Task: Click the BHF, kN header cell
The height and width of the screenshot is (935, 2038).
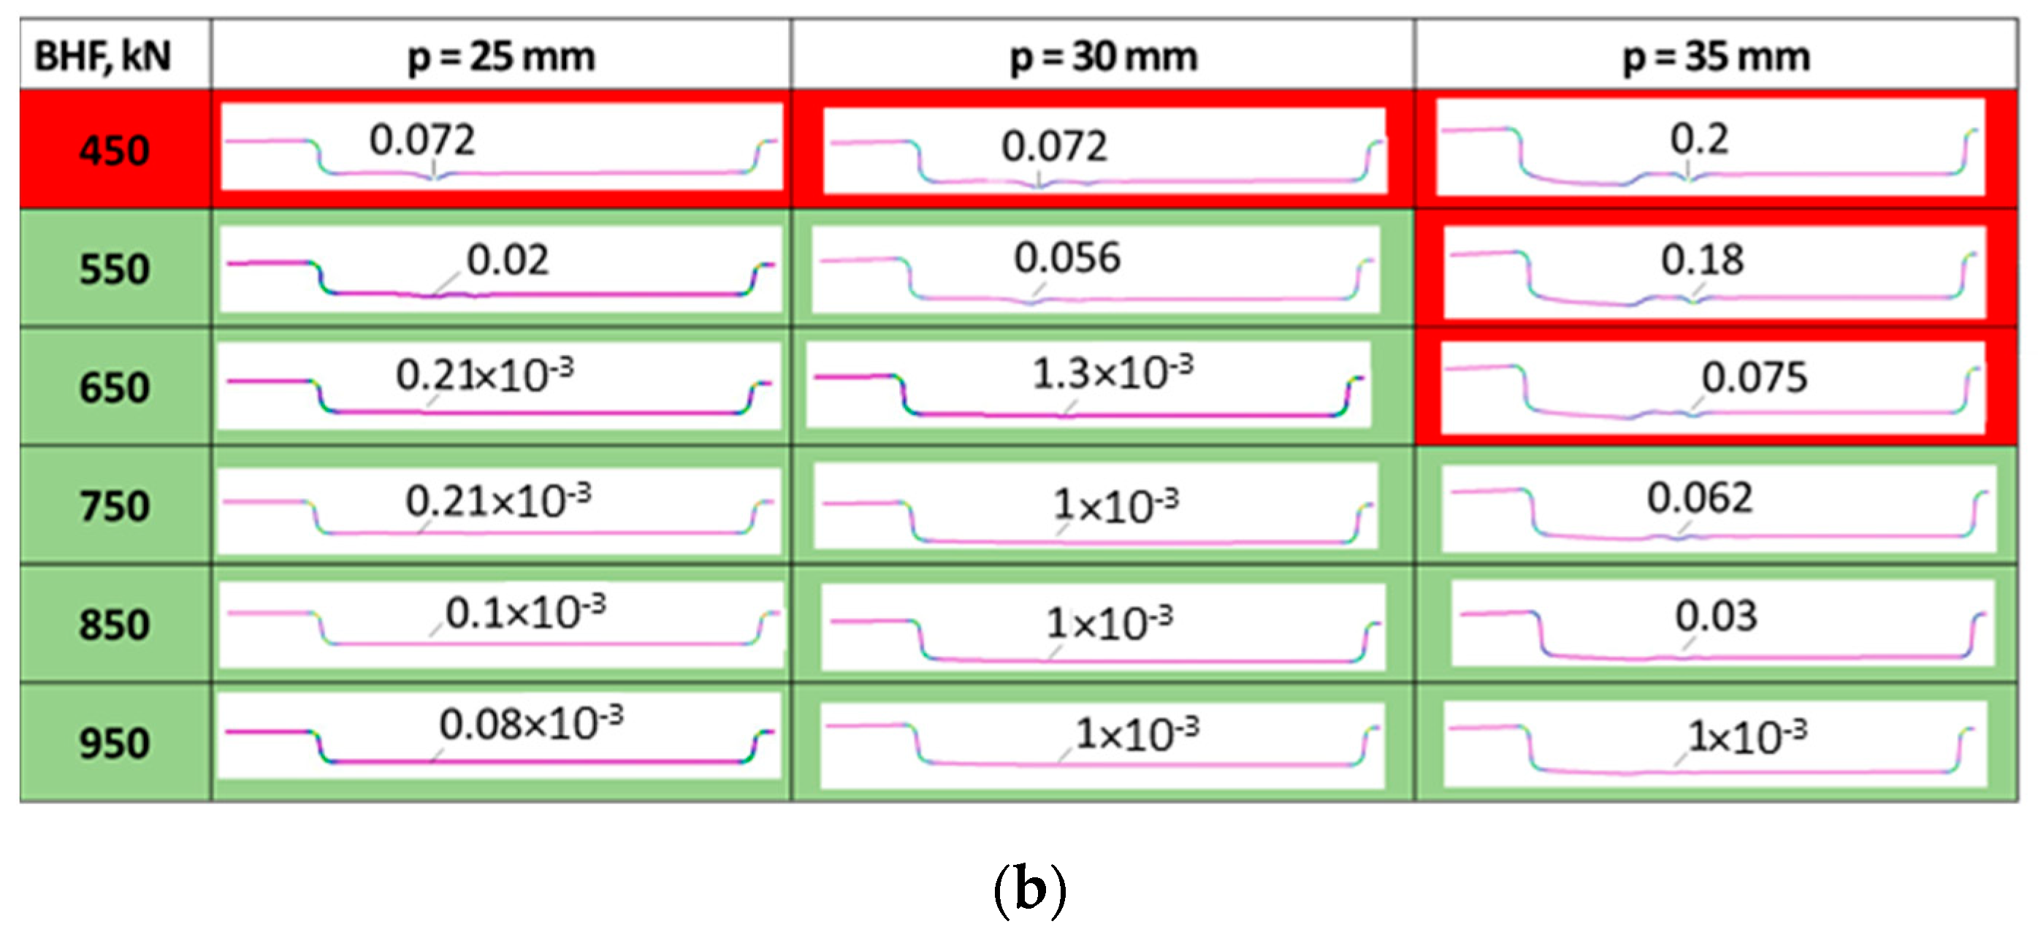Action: (103, 56)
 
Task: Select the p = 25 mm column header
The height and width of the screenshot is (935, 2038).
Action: (501, 56)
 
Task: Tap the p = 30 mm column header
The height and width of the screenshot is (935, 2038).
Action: (1104, 56)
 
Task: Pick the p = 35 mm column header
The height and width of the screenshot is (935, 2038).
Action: (1716, 56)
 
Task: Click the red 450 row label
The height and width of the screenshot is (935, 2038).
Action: (115, 150)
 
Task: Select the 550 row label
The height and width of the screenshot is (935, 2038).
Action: (115, 268)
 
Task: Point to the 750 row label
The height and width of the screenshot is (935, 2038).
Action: (115, 505)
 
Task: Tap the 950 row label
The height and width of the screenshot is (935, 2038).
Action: (115, 743)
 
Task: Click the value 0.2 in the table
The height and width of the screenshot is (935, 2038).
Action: (1699, 140)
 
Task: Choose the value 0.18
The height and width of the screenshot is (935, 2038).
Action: (1702, 259)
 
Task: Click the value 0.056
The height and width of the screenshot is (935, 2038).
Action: (1067, 258)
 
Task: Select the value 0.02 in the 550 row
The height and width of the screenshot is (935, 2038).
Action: (507, 259)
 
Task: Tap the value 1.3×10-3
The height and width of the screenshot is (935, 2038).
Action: (1112, 373)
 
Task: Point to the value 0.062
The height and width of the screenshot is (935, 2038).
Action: (1699, 497)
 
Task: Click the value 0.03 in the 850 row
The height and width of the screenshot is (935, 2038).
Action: (1715, 616)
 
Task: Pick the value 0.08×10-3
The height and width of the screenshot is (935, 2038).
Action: (531, 723)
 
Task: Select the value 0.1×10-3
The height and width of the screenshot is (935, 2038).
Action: (525, 611)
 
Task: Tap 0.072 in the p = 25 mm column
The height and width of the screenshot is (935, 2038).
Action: (421, 140)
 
